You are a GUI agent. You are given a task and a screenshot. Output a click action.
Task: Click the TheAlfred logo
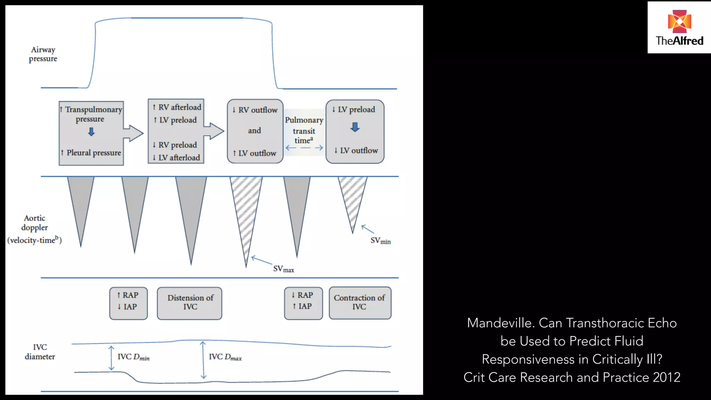[x=679, y=28]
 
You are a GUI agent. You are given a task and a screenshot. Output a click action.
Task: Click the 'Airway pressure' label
[x=43, y=54]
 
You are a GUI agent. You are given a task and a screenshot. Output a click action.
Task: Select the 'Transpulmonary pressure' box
[x=91, y=133]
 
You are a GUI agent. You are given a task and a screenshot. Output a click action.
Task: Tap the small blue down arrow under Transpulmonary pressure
[x=91, y=132]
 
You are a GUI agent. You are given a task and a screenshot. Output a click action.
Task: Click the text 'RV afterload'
[x=179, y=107]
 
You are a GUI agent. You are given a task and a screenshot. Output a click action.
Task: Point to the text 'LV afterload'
[x=179, y=158]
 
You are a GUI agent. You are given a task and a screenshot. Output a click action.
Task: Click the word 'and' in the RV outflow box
[x=254, y=131]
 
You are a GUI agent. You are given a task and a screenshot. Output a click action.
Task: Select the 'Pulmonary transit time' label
[x=304, y=130]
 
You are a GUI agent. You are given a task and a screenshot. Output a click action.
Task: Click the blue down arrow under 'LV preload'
[x=355, y=127]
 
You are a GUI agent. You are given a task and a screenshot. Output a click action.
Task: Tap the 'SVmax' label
[x=283, y=269]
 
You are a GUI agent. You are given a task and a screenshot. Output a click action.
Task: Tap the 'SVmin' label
[x=380, y=241]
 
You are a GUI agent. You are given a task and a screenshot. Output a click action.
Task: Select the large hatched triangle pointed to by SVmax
[x=246, y=212]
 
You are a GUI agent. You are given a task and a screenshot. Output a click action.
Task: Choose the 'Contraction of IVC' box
[x=360, y=303]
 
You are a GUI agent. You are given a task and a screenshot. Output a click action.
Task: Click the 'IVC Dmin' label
[x=133, y=357]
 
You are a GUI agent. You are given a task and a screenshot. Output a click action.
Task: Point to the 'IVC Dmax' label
[x=225, y=357]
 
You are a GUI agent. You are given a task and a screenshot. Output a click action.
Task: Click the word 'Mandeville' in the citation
[x=500, y=323]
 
